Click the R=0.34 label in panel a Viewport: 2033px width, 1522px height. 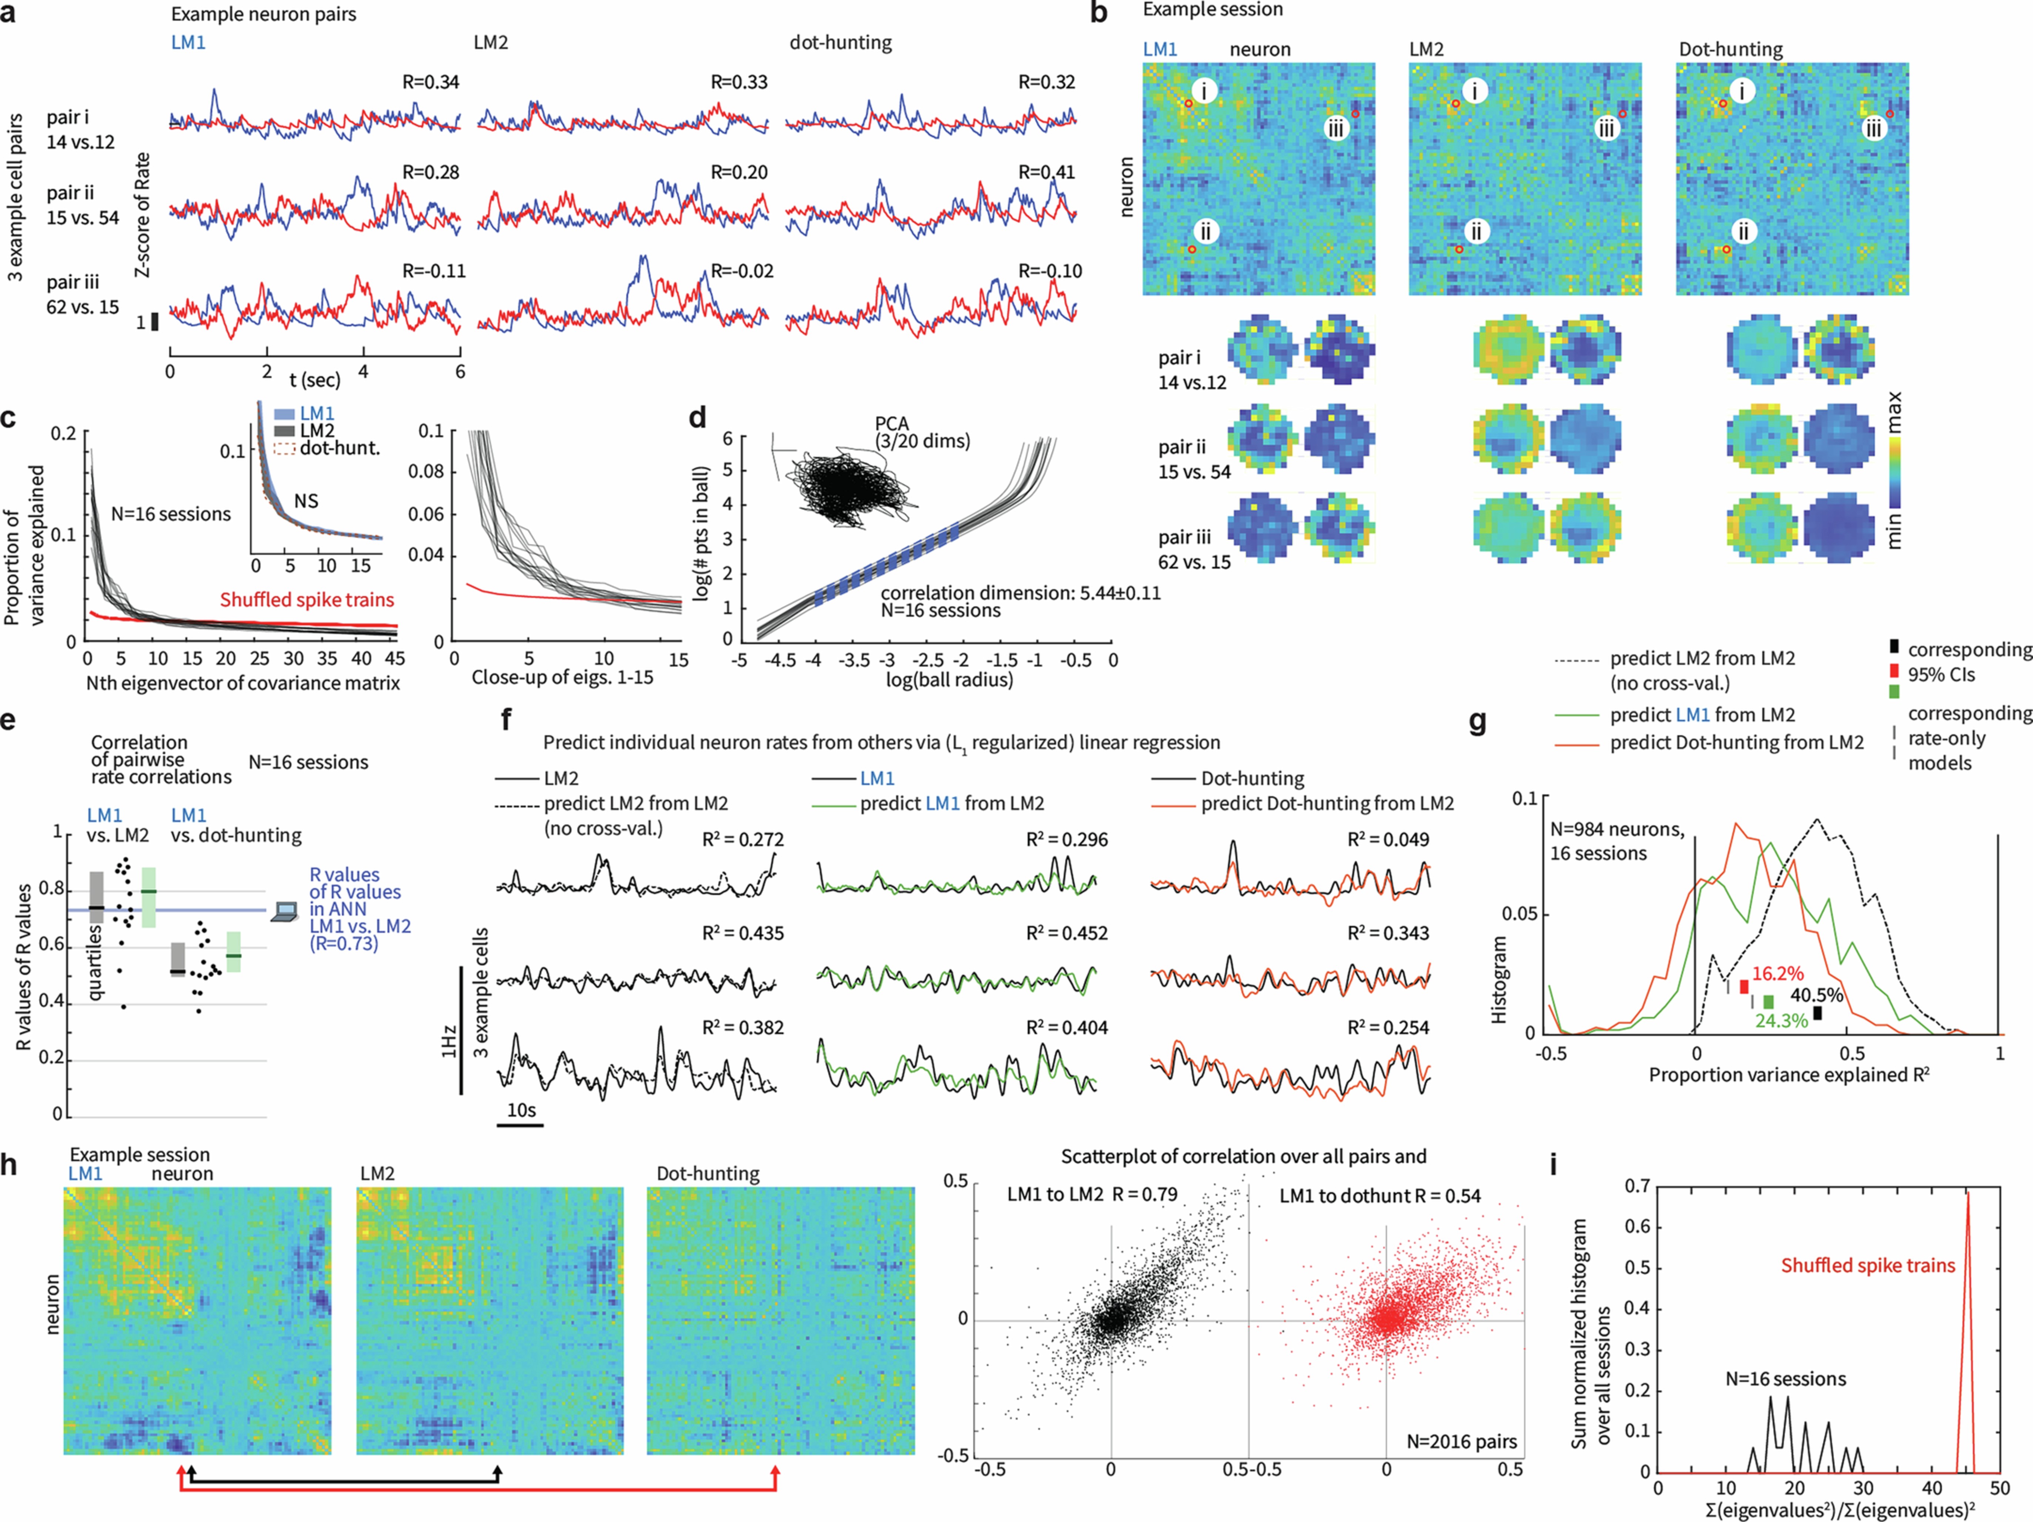[430, 82]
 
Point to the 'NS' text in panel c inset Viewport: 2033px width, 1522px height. [306, 501]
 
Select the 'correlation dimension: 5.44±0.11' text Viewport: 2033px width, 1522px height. [1020, 593]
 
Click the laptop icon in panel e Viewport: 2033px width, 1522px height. [286, 912]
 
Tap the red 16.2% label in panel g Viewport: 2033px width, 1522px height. [1778, 973]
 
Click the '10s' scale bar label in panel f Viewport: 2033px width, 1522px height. [521, 1110]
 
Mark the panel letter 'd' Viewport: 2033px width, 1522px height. [698, 418]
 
